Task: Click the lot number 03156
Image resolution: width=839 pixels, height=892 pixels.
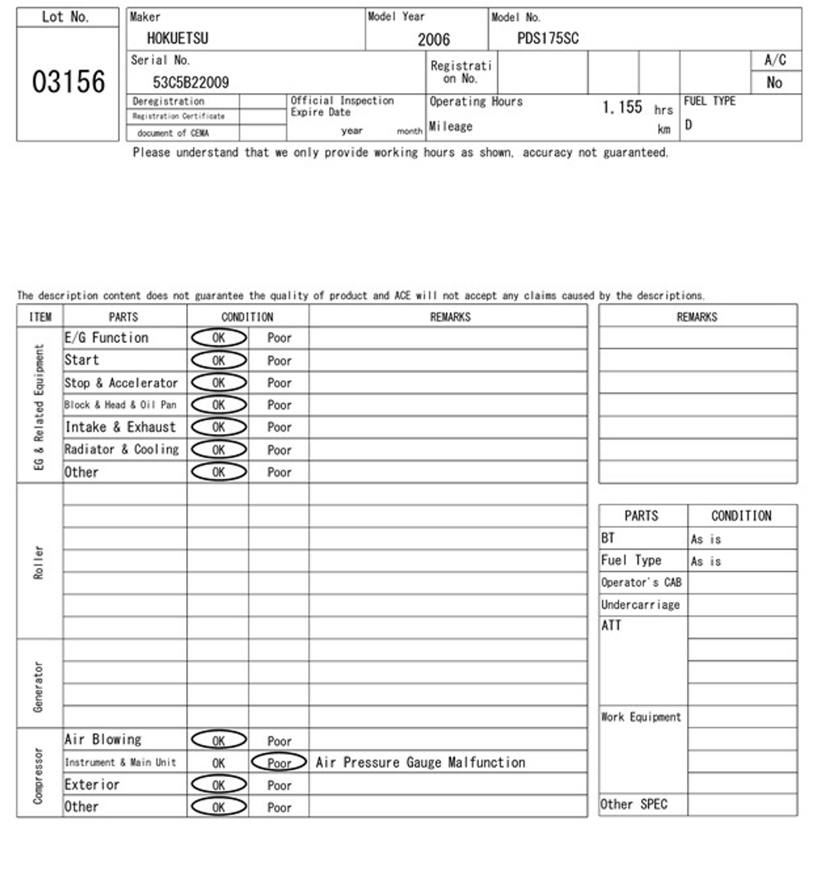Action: click(x=68, y=82)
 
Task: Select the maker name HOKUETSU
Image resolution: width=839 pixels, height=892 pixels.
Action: click(x=177, y=38)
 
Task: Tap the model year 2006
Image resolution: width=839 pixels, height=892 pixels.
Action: click(x=433, y=39)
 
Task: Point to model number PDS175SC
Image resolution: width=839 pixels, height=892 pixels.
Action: click(x=548, y=38)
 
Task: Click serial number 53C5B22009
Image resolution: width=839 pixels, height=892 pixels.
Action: click(x=191, y=83)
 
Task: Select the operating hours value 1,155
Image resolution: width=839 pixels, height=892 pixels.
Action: click(x=622, y=107)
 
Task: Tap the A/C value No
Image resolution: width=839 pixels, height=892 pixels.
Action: click(x=774, y=83)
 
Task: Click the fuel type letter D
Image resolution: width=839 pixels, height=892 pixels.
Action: click(x=689, y=125)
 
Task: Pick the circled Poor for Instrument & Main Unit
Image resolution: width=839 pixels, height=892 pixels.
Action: click(x=279, y=763)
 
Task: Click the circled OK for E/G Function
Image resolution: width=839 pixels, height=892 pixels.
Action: click(x=219, y=338)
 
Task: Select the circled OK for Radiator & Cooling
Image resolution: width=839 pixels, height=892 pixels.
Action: click(x=219, y=450)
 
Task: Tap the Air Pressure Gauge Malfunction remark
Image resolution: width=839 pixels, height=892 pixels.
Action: click(x=420, y=762)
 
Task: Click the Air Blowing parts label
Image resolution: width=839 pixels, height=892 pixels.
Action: click(x=103, y=740)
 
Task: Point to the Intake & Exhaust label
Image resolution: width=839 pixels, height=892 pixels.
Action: click(x=120, y=428)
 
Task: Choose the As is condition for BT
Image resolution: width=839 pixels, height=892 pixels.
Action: click(x=706, y=539)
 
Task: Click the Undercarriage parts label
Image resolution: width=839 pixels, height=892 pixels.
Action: click(x=640, y=605)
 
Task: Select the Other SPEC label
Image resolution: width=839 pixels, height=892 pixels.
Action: click(x=634, y=805)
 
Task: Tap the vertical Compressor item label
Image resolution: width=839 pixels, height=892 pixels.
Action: click(x=38, y=776)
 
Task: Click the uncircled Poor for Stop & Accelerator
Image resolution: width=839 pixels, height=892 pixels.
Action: click(x=279, y=383)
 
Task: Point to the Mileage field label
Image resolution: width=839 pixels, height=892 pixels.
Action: click(x=451, y=126)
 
